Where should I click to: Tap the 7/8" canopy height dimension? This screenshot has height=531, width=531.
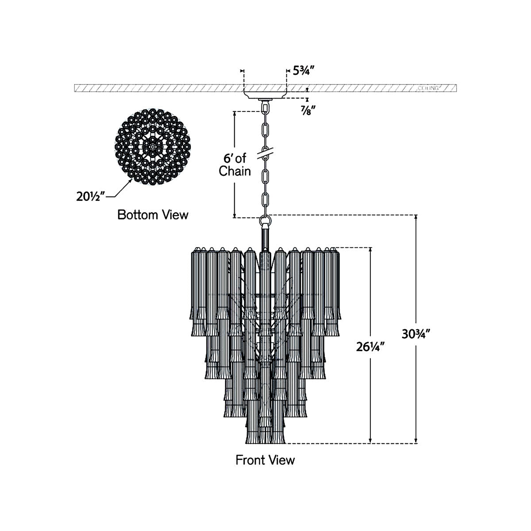coord(308,111)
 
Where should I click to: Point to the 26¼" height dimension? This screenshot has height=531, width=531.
coord(370,346)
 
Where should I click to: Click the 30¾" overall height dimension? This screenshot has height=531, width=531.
coord(416,334)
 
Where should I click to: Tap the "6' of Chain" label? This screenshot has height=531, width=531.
coord(235,165)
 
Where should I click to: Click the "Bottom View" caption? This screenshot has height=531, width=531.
coord(153,215)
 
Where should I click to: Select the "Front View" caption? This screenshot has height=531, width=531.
coord(265,460)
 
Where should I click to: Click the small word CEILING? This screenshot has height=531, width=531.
coord(428,88)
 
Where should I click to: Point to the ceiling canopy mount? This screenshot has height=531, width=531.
coord(265,94)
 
